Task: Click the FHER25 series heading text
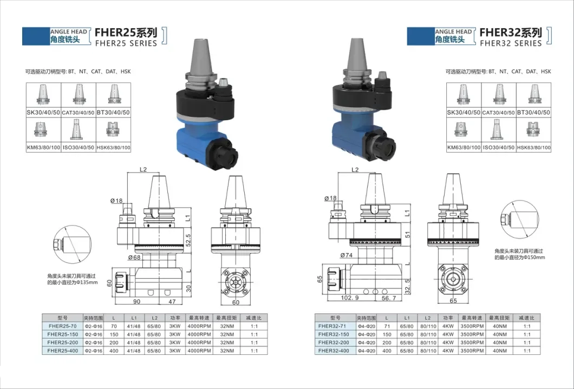click(126, 37)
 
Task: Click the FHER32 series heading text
click(510, 37)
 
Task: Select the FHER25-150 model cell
click(61, 334)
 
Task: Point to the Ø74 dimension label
click(347, 255)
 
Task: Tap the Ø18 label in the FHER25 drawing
click(116, 201)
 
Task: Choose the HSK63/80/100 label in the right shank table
click(533, 147)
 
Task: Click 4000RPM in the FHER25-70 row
click(200, 327)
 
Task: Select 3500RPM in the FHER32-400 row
click(471, 351)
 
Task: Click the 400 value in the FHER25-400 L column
click(114, 350)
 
